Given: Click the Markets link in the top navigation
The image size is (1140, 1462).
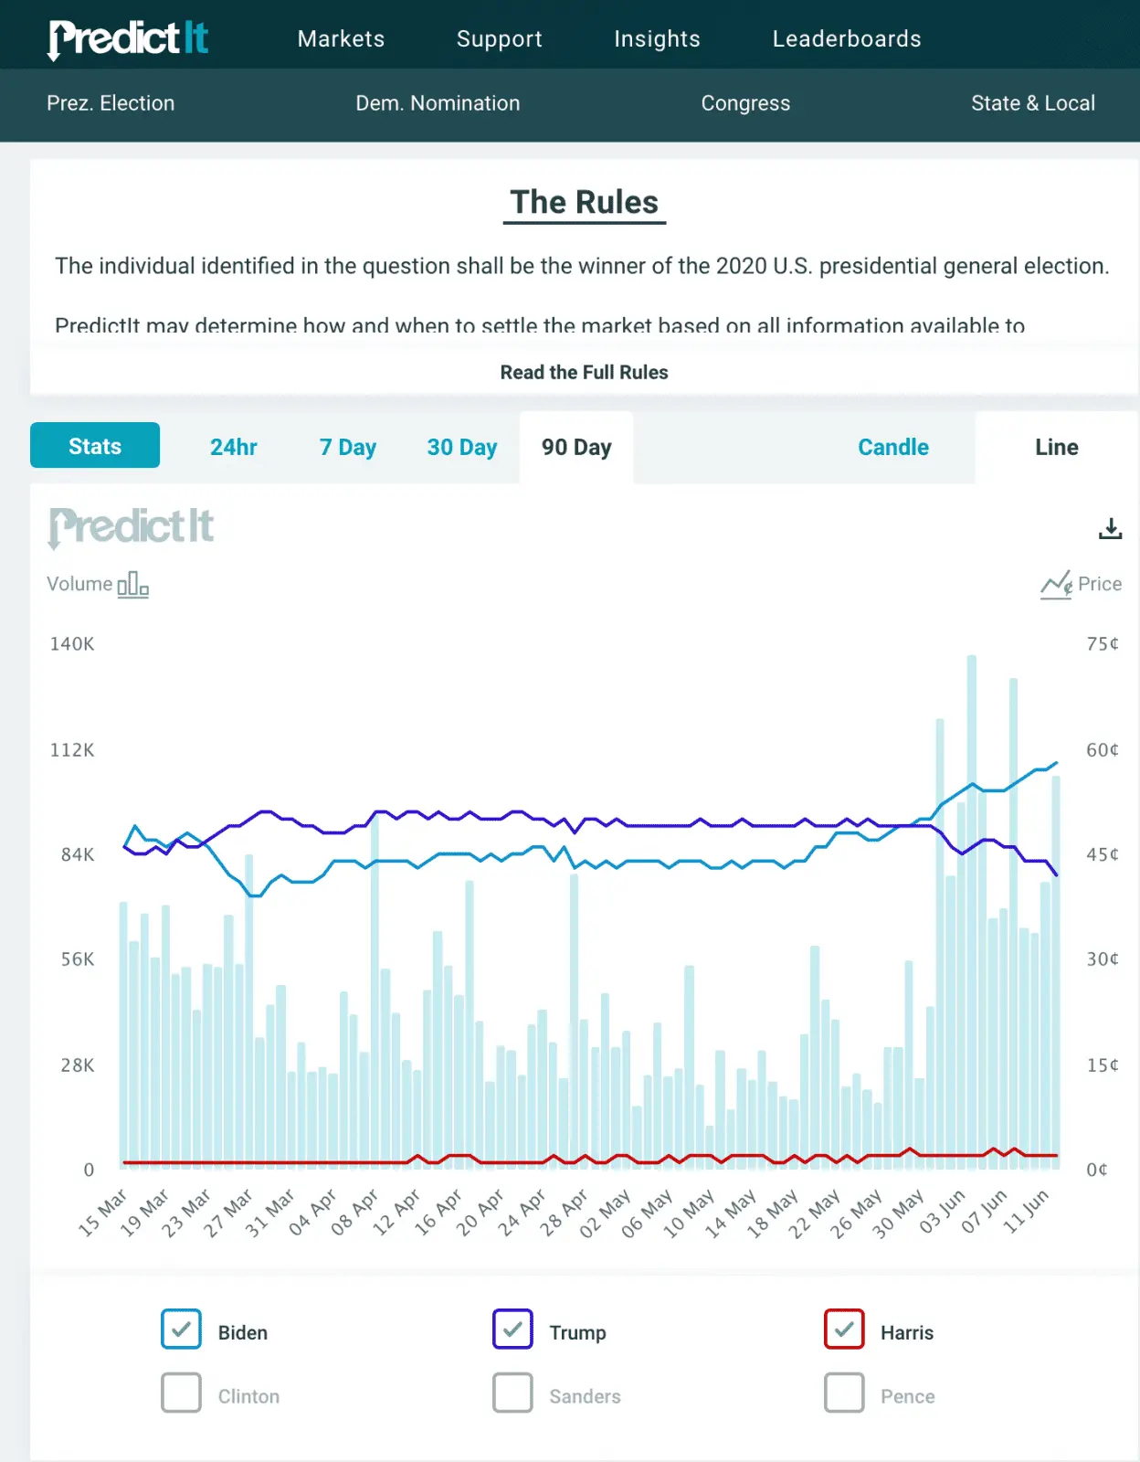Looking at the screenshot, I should pyautogui.click(x=341, y=38).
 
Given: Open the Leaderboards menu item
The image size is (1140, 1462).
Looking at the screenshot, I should pyautogui.click(x=846, y=38).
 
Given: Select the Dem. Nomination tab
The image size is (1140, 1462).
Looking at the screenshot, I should pyautogui.click(x=438, y=103).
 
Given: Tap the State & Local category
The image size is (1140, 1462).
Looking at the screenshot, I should pyautogui.click(x=1032, y=103).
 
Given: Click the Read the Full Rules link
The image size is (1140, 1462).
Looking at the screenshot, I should pyautogui.click(x=584, y=372).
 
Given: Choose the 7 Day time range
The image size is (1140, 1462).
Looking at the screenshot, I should pyautogui.click(x=347, y=447).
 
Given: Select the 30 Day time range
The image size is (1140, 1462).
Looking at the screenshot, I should pyautogui.click(x=461, y=447).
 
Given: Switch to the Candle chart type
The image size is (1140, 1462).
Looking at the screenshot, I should pyautogui.click(x=892, y=447).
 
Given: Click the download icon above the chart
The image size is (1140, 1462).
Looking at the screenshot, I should pyautogui.click(x=1110, y=528).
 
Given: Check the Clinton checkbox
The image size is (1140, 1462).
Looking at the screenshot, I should pyautogui.click(x=181, y=1393).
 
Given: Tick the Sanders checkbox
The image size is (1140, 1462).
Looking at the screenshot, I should pyautogui.click(x=512, y=1393).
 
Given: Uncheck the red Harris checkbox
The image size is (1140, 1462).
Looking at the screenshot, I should pyautogui.click(x=844, y=1330).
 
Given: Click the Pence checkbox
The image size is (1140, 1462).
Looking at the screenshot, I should pyautogui.click(x=844, y=1393).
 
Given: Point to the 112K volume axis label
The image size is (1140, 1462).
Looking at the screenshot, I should pyautogui.click(x=72, y=750).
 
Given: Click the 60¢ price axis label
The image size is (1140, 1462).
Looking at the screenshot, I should pyautogui.click(x=1102, y=750).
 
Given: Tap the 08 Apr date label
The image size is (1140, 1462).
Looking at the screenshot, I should pyautogui.click(x=354, y=1213).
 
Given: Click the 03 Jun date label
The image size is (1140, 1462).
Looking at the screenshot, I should pyautogui.click(x=943, y=1212).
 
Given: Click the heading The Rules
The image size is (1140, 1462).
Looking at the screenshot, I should pyautogui.click(x=584, y=202).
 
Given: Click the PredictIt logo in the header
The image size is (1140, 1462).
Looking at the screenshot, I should pyautogui.click(x=129, y=38).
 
